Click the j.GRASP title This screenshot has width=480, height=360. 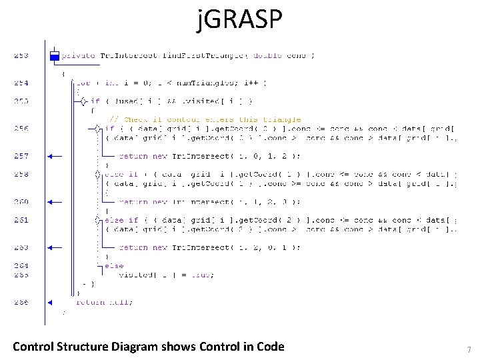[x=240, y=21]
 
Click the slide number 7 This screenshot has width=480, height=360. [x=469, y=350]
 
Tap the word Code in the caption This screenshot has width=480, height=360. [x=268, y=346]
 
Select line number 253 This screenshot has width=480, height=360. [x=21, y=55]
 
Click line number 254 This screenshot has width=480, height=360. [x=21, y=83]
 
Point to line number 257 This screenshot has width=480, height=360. [x=21, y=156]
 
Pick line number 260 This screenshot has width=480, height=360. [x=21, y=201]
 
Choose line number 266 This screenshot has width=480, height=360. [x=21, y=302]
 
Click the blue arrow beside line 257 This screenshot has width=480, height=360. [x=54, y=156]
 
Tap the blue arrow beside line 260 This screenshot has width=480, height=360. [x=54, y=201]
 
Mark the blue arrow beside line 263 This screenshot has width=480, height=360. [x=54, y=247]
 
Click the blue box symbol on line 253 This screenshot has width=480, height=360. [x=55, y=56]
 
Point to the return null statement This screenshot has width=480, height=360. [x=104, y=302]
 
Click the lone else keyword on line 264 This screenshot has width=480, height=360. [x=114, y=266]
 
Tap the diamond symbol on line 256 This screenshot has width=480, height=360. [x=97, y=129]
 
